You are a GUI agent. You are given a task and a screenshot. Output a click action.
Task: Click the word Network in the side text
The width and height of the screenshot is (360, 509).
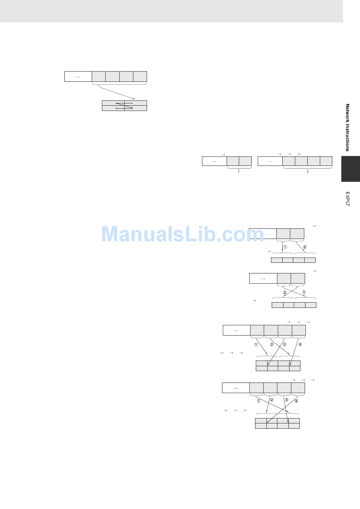pos(347,112)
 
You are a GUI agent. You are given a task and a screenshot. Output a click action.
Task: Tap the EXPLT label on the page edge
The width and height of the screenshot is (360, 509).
pos(347,199)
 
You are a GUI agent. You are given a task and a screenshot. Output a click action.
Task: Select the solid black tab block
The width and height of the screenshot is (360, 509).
pos(351,169)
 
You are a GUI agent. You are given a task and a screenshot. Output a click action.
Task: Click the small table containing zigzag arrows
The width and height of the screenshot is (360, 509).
pos(124,106)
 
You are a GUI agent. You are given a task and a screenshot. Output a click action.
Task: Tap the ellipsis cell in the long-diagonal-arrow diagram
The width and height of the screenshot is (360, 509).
pos(78,77)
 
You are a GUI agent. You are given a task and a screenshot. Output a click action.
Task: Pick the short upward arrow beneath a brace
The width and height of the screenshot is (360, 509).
pos(239,172)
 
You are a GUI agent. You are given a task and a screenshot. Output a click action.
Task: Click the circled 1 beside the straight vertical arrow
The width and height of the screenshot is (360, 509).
pos(285,247)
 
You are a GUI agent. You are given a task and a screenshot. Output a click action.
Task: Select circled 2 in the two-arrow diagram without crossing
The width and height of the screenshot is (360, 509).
pos(305,247)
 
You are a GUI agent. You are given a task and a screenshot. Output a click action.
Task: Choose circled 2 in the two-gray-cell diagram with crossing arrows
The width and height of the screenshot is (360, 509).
pos(285,292)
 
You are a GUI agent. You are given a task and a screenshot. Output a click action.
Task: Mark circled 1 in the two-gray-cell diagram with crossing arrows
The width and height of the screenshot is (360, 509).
pos(304,292)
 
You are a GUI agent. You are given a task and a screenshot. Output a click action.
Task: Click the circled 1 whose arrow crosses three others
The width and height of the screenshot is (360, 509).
pos(258,401)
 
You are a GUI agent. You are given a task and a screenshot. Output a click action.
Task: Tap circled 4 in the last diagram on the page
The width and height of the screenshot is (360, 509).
pos(296,401)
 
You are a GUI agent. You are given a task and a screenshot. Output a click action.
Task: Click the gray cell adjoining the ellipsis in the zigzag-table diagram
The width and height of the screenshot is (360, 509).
pos(99,77)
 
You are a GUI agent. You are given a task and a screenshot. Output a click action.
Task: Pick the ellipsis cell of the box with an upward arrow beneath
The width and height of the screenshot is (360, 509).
pos(214,161)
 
